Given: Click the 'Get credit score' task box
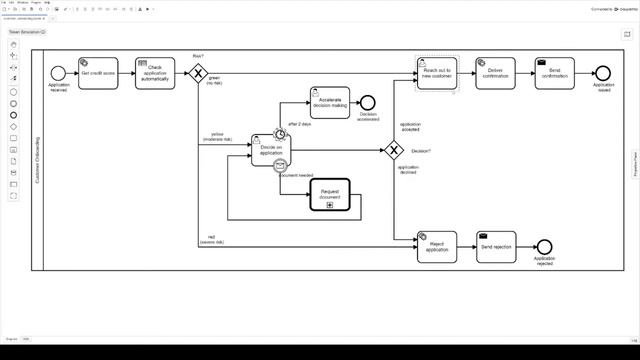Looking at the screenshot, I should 98,73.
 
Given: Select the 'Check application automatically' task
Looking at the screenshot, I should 155,73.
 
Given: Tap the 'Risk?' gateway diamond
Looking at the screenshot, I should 198,73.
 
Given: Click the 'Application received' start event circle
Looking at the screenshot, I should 58,73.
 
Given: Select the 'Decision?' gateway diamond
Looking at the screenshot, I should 393,150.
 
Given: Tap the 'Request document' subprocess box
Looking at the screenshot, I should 330,195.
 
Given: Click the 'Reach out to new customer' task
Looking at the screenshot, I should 438,73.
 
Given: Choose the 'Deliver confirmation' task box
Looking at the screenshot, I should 495,73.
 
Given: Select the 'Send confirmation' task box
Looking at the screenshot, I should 554,73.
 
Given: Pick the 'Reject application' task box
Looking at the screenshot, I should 437,247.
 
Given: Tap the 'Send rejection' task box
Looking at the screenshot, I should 496,247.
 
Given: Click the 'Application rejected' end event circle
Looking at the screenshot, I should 544,247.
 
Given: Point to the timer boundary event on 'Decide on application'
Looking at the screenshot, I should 282,134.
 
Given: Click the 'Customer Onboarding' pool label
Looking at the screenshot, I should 38,160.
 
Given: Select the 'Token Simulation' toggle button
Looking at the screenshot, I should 28,32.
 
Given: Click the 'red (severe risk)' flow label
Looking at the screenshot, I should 211,240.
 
